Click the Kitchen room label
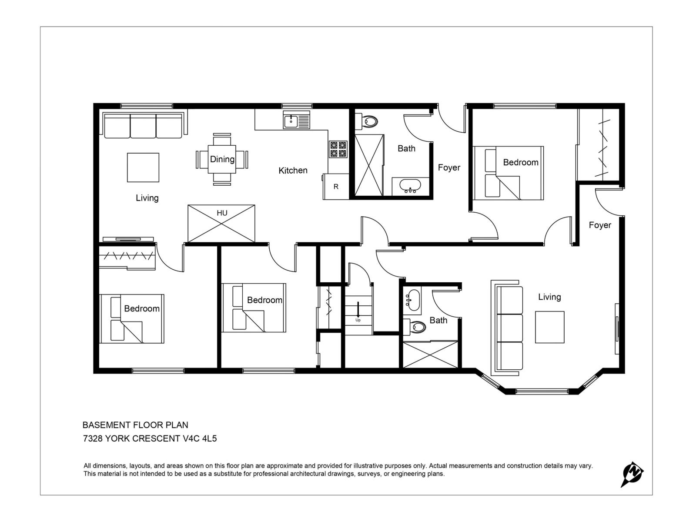[x=293, y=171]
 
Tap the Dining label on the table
[x=222, y=159]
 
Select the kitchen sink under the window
[x=291, y=121]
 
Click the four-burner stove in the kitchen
[x=338, y=149]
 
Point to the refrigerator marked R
[x=336, y=187]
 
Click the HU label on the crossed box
[x=222, y=213]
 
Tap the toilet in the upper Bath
[x=370, y=121]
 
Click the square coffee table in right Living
[x=549, y=327]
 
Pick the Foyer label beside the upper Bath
[x=449, y=167]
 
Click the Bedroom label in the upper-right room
[x=521, y=162]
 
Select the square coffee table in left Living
[x=143, y=167]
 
